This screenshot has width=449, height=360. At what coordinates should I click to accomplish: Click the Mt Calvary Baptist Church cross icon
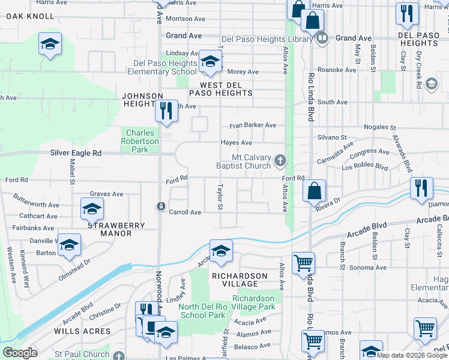pyautogui.click(x=280, y=160)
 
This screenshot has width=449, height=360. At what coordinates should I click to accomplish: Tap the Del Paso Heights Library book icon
pyautogui.click(x=322, y=38)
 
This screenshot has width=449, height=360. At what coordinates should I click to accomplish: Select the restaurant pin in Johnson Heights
pyautogui.click(x=166, y=110)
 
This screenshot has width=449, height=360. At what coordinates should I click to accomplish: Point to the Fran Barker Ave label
pyautogui.click(x=253, y=125)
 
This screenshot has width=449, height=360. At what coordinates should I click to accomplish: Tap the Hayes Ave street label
pyautogui.click(x=237, y=143)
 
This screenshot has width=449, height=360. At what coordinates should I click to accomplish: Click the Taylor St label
pyautogui.click(x=220, y=197)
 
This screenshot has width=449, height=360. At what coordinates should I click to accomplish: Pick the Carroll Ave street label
pyautogui.click(x=185, y=212)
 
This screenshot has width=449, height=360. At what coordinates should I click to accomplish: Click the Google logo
pyautogui.click(x=20, y=353)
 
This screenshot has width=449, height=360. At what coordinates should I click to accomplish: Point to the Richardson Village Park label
pyautogui.click(x=253, y=302)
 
